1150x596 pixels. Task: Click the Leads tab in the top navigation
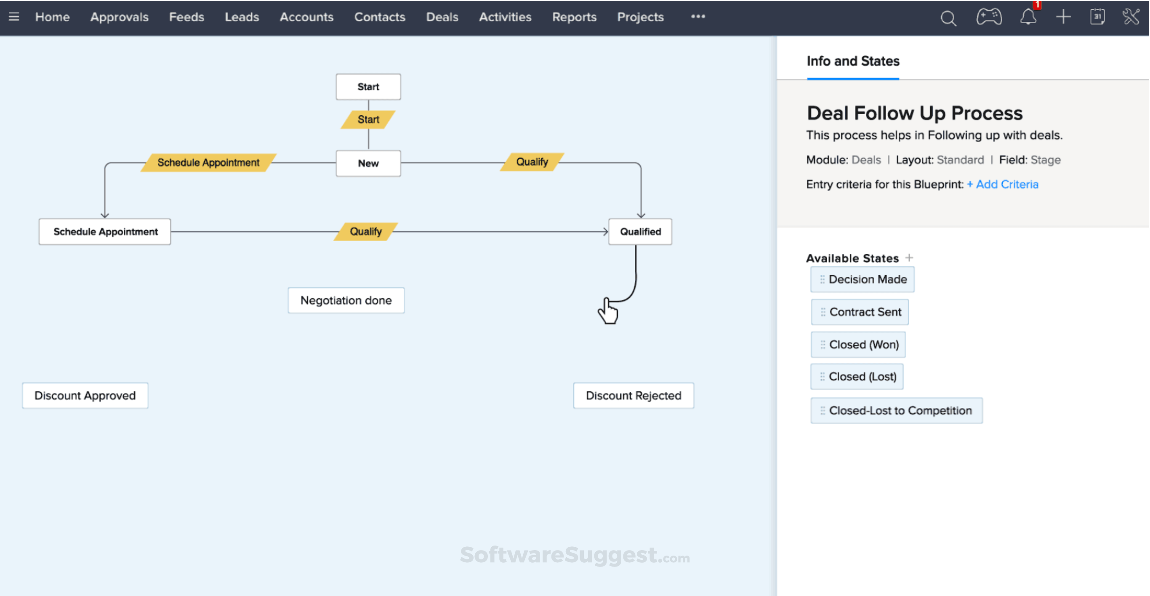click(242, 17)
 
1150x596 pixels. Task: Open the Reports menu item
click(574, 17)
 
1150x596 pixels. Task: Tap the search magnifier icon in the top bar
click(948, 18)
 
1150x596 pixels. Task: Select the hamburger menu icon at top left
click(14, 17)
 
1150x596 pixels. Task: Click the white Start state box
click(368, 87)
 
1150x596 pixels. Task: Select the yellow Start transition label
click(368, 119)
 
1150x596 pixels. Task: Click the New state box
click(368, 163)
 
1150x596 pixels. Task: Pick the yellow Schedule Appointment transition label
click(208, 162)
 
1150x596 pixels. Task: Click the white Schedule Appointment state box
click(105, 231)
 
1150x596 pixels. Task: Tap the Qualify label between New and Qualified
click(532, 162)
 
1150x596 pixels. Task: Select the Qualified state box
click(640, 231)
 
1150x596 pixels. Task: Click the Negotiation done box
click(346, 300)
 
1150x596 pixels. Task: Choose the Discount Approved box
click(85, 395)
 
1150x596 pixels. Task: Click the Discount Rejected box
click(633, 395)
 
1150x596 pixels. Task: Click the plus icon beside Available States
click(909, 258)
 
